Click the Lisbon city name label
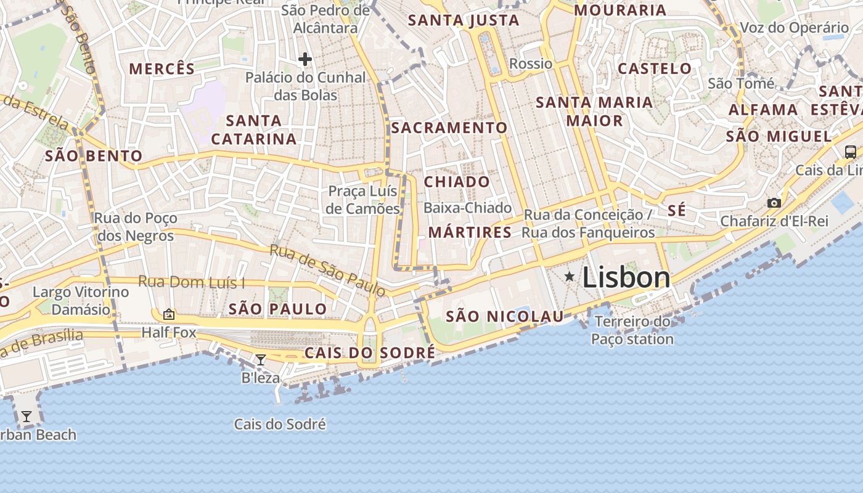click(626, 277)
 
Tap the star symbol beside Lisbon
click(570, 277)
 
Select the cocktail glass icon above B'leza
click(261, 360)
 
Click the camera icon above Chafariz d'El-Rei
click(774, 203)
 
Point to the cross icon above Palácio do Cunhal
click(305, 59)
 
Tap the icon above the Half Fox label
click(169, 315)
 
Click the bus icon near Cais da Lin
click(851, 152)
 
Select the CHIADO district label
click(457, 182)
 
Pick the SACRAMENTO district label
click(449, 128)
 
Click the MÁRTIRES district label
click(470, 232)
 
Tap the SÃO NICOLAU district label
click(504, 317)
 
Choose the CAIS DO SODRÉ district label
click(370, 353)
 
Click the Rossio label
click(531, 63)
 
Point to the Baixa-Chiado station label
click(467, 208)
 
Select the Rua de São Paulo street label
click(327, 269)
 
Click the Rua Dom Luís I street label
click(191, 282)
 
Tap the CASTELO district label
click(655, 68)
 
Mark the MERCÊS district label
click(162, 68)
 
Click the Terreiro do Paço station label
click(632, 330)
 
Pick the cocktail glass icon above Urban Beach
click(27, 417)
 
